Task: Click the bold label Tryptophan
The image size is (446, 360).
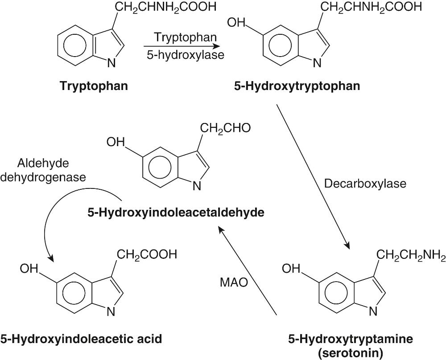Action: tap(94, 86)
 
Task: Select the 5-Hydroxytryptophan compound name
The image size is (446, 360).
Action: tap(297, 86)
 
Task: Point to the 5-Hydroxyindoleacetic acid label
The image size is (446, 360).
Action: tap(81, 339)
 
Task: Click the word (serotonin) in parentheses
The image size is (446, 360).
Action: tap(350, 353)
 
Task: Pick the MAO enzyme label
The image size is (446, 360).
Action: tap(234, 282)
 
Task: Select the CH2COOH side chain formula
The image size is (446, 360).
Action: tap(147, 254)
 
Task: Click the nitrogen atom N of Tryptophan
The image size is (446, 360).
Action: tap(111, 63)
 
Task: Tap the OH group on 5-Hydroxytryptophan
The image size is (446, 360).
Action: tap(236, 21)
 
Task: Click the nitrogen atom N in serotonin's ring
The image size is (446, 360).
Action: tap(373, 311)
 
